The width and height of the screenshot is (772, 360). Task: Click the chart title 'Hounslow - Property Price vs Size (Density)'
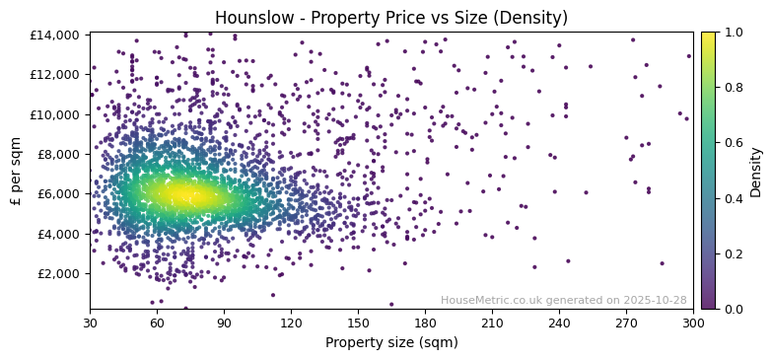pyautogui.click(x=391, y=18)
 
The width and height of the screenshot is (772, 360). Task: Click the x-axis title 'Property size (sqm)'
pyautogui.click(x=391, y=342)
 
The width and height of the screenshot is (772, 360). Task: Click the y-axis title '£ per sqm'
pyautogui.click(x=16, y=171)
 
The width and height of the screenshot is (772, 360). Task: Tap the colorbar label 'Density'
pyautogui.click(x=756, y=171)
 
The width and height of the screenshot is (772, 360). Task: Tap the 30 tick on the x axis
pyautogui.click(x=90, y=323)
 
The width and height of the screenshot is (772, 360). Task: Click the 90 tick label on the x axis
pyautogui.click(x=224, y=323)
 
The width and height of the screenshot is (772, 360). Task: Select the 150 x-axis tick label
pyautogui.click(x=358, y=323)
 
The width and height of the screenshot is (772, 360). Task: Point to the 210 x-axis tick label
pyautogui.click(x=492, y=323)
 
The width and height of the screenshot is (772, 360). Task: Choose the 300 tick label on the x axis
pyautogui.click(x=693, y=323)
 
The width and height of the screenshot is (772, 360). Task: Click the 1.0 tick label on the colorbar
pyautogui.click(x=734, y=32)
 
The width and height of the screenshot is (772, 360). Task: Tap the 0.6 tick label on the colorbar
pyautogui.click(x=734, y=143)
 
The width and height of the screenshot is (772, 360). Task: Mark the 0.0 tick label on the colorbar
pyautogui.click(x=734, y=309)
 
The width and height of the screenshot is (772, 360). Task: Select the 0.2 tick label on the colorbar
pyautogui.click(x=734, y=253)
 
